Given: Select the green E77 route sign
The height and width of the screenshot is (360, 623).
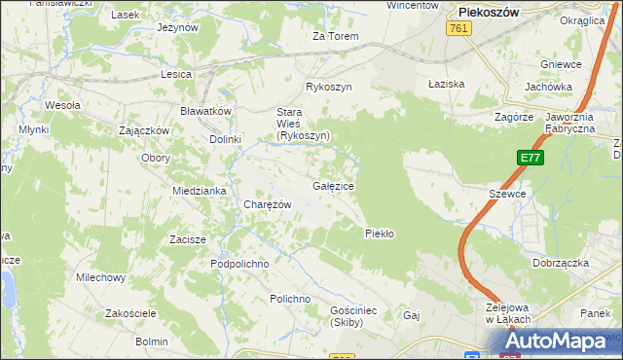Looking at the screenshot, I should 530,159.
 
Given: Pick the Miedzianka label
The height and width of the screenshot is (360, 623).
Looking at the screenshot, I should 200,191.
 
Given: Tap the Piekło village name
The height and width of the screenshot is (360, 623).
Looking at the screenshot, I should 378,233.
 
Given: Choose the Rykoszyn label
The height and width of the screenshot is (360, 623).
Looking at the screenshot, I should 328,87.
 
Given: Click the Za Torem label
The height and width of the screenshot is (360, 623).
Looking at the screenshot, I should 336,36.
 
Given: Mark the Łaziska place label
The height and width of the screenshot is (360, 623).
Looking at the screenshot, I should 447,84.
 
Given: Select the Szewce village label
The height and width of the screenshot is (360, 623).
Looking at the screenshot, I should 506,194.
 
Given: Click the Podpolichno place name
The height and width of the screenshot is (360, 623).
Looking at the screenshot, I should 239,264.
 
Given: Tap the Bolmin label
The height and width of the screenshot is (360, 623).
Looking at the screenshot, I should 152,342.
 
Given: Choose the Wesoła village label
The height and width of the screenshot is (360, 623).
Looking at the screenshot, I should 62,105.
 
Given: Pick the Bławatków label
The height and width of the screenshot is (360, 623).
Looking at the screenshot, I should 205,111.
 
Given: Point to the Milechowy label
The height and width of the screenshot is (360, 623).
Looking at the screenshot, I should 101,277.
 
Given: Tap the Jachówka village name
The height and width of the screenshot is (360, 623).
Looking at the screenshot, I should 547,86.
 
